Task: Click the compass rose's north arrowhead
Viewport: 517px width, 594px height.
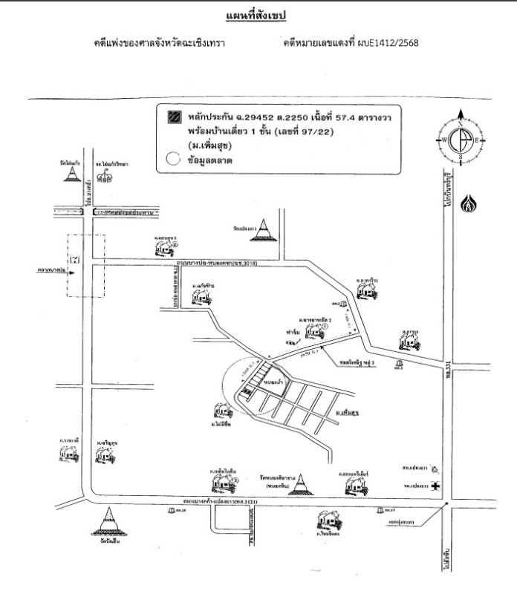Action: [461, 114]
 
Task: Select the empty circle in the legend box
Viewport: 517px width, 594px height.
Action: [174, 157]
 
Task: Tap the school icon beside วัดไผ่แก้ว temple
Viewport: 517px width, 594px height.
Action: [104, 176]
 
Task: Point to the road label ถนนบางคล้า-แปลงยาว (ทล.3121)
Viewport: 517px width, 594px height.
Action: [236, 505]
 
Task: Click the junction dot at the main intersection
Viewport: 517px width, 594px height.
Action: [445, 505]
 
